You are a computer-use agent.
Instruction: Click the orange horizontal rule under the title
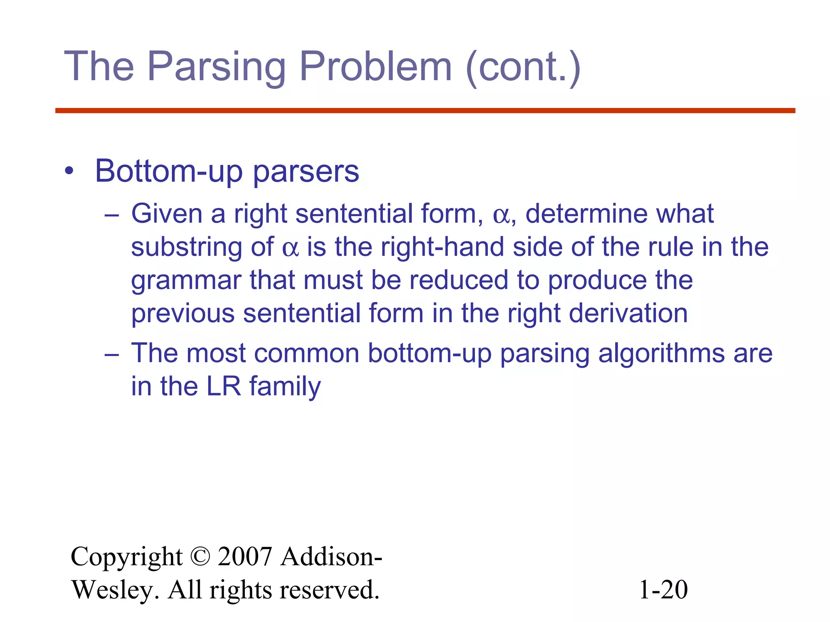pyautogui.click(x=425, y=111)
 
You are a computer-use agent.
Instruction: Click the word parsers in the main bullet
pyautogui.click(x=306, y=172)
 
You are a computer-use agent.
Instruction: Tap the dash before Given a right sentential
pyautogui.click(x=111, y=215)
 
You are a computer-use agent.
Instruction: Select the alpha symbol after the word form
pyautogui.click(x=501, y=215)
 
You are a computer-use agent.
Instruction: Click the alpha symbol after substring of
pyautogui.click(x=290, y=248)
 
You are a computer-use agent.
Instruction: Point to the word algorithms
pyautogui.click(x=661, y=353)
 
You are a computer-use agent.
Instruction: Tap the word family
pyautogui.click(x=285, y=387)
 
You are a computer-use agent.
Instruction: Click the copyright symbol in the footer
pyautogui.click(x=200, y=557)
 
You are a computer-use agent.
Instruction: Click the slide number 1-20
pyautogui.click(x=663, y=590)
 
